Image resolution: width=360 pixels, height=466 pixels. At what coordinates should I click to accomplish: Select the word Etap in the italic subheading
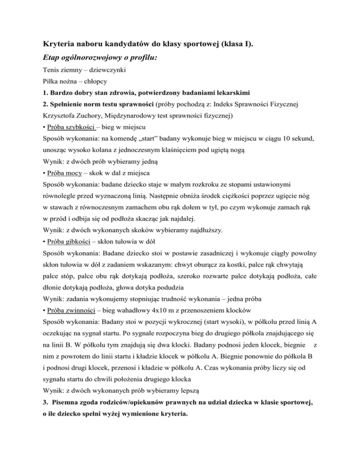tap(52, 61)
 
